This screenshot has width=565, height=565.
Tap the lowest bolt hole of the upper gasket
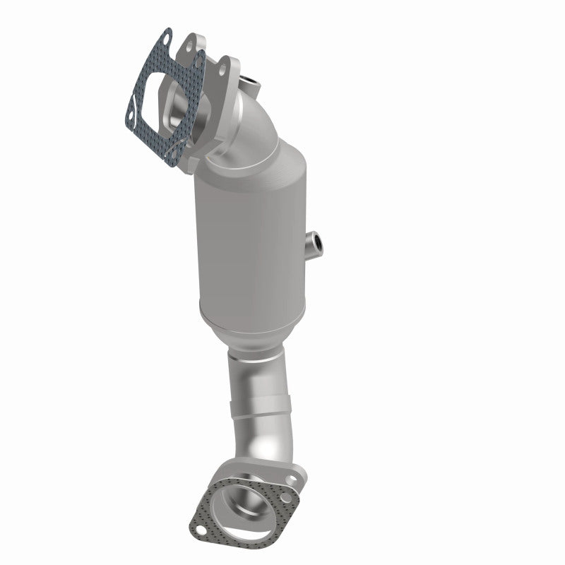[x=172, y=157]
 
